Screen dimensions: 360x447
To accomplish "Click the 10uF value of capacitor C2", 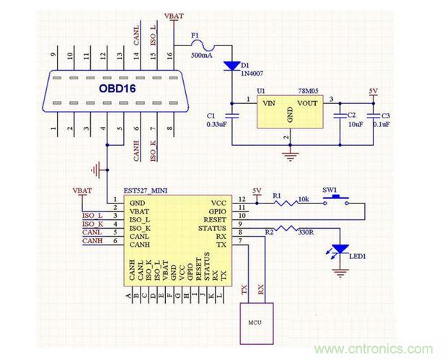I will pos(355,123).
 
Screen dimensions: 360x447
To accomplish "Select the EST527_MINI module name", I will pos(147,190).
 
